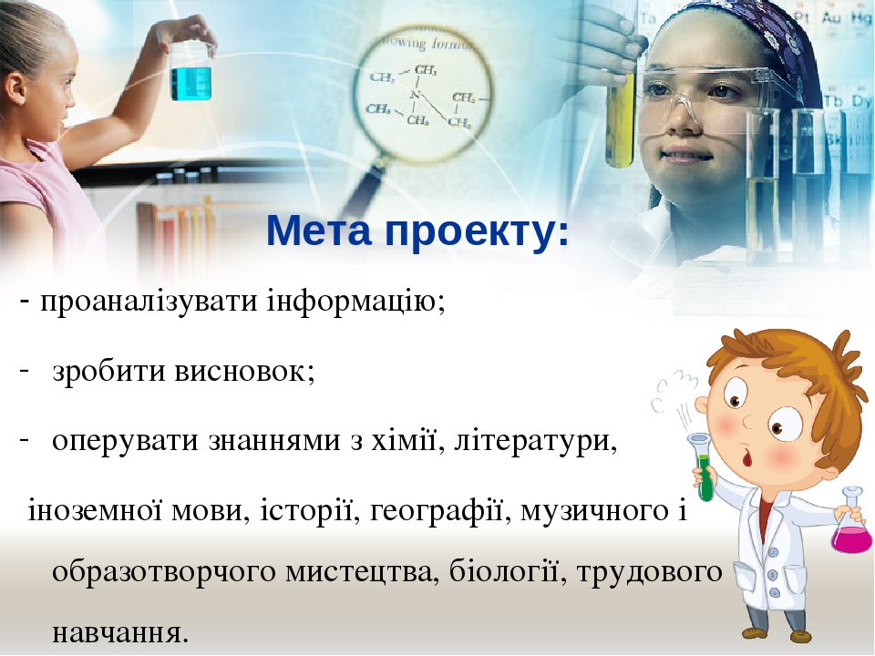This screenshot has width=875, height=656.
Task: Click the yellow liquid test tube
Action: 620,118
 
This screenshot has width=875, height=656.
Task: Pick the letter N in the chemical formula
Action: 416,95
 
